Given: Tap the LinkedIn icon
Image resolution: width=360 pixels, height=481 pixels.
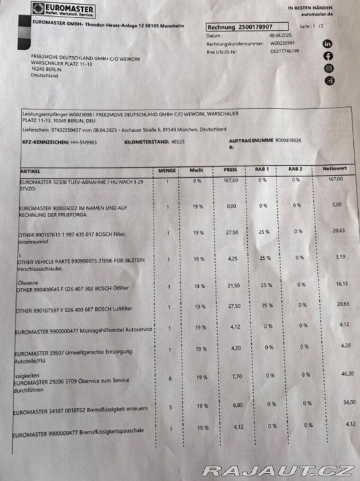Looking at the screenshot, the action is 327,43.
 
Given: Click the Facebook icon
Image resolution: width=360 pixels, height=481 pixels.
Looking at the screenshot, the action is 328,55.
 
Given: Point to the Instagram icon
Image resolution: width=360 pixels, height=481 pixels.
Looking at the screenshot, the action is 328,68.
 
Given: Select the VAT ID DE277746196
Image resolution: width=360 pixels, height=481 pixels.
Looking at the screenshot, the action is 285,50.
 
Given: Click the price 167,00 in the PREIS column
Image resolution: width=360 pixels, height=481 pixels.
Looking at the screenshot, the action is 230,180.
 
